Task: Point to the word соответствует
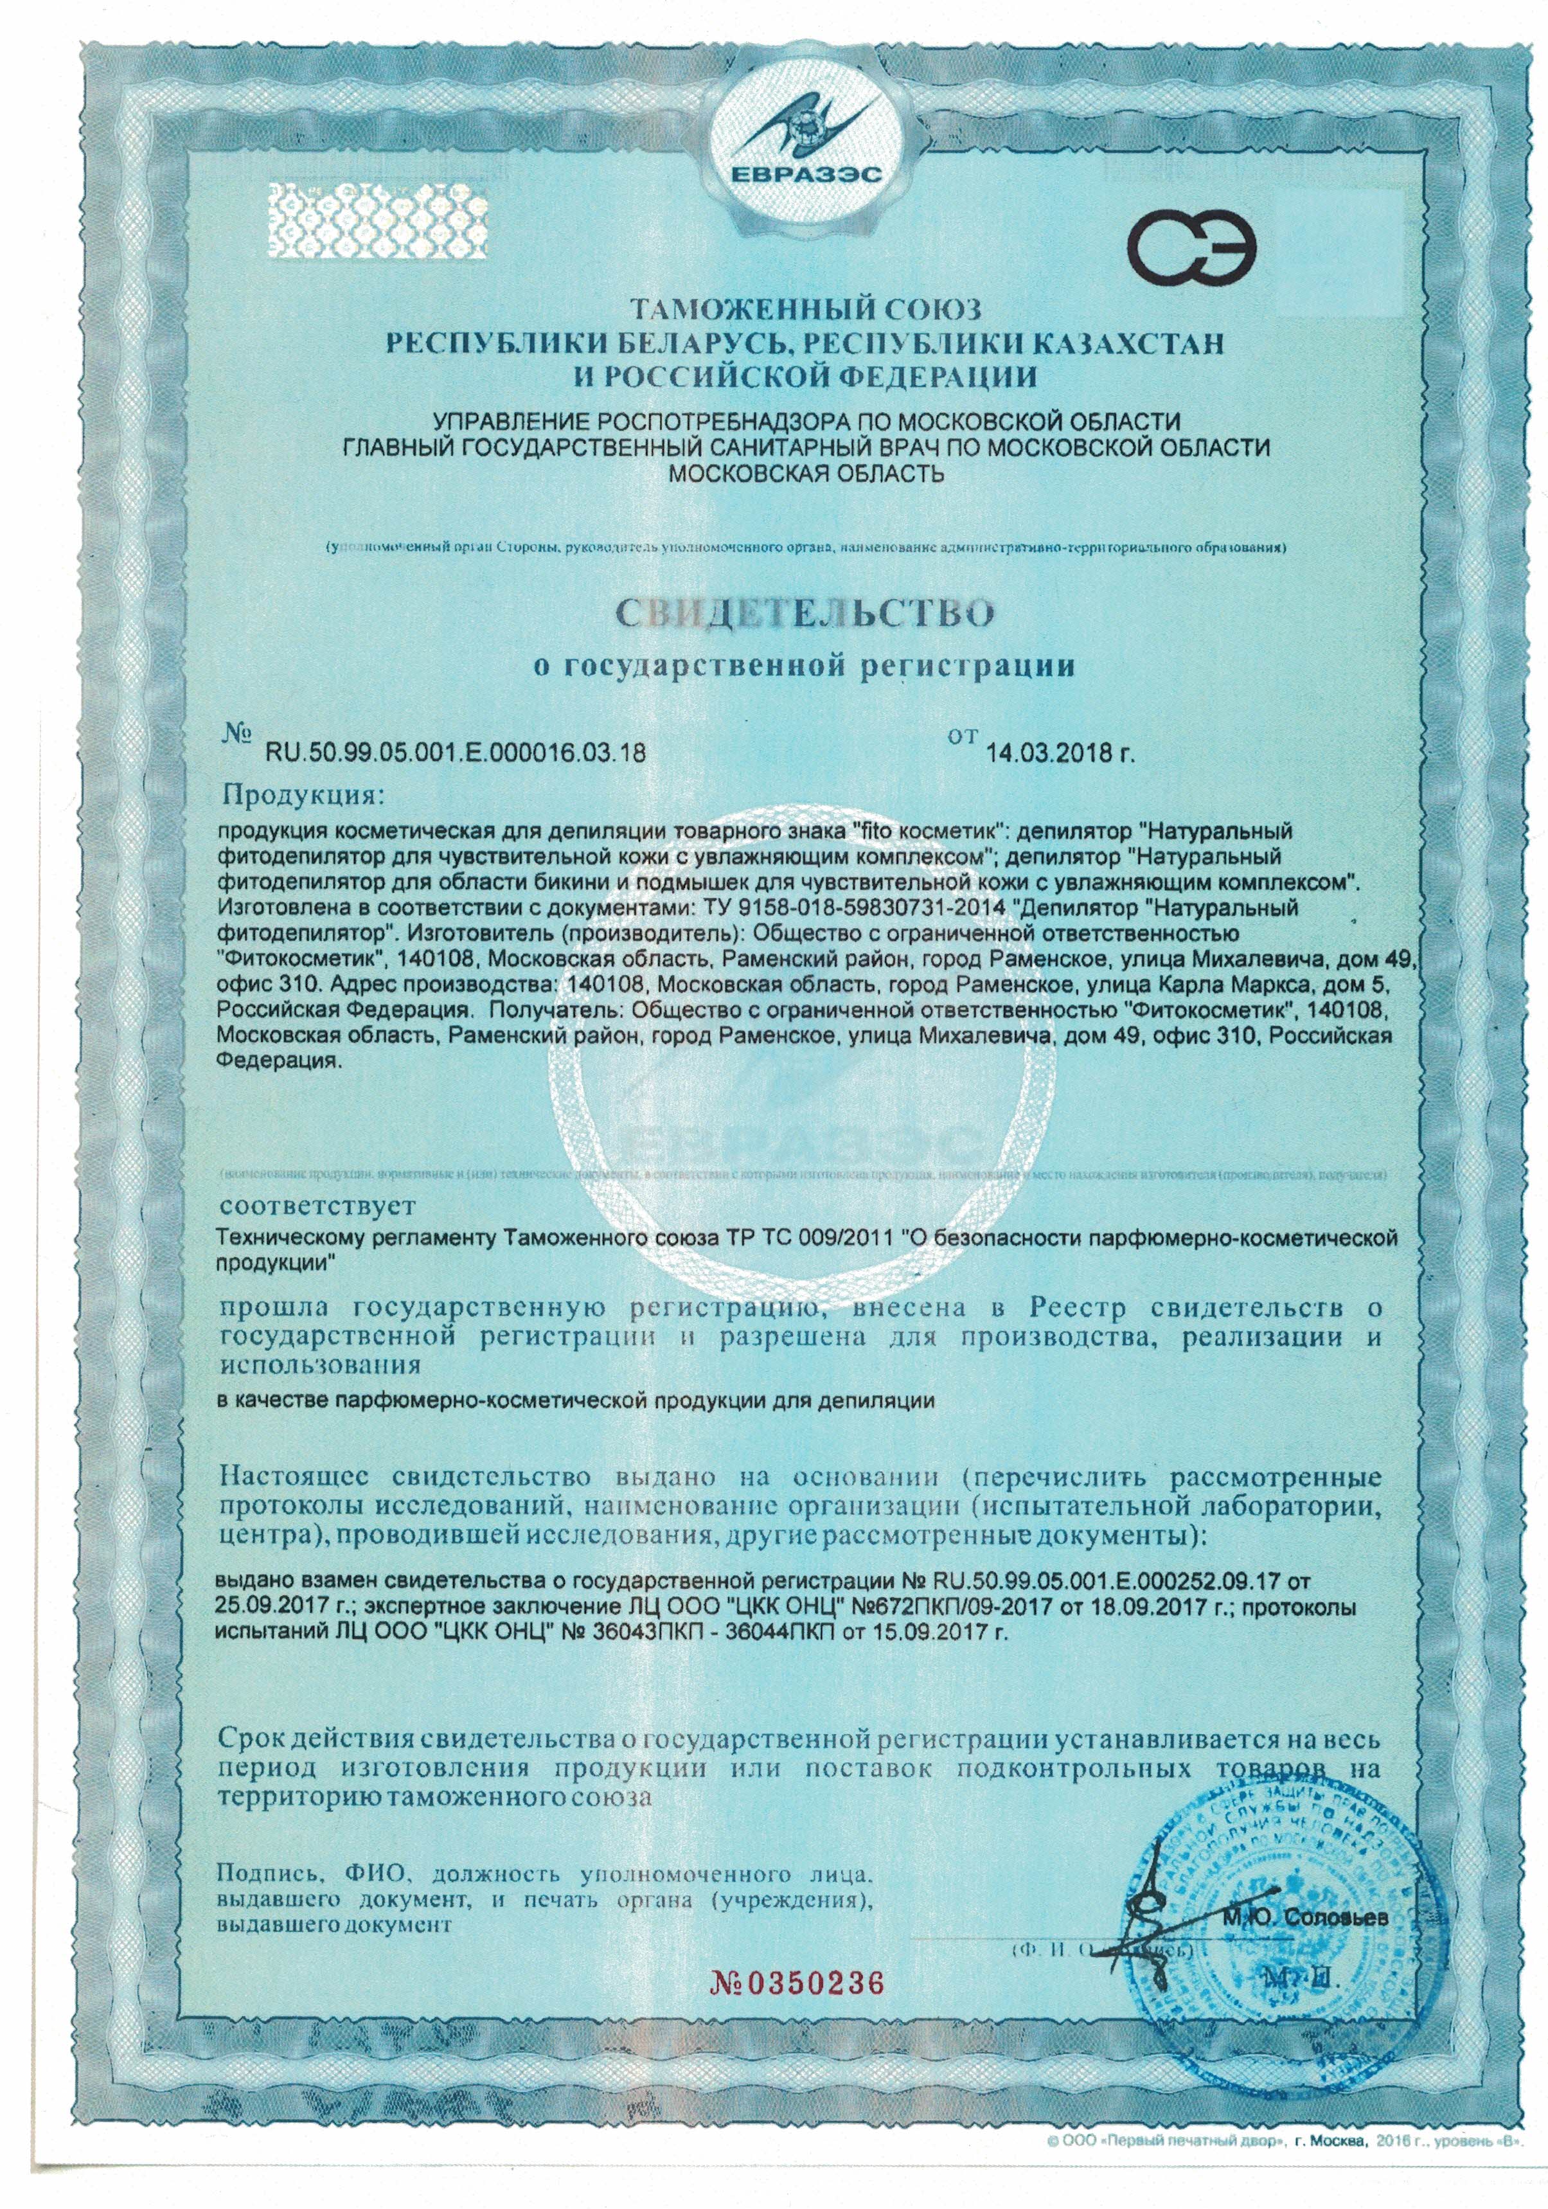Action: [x=317, y=1204]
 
